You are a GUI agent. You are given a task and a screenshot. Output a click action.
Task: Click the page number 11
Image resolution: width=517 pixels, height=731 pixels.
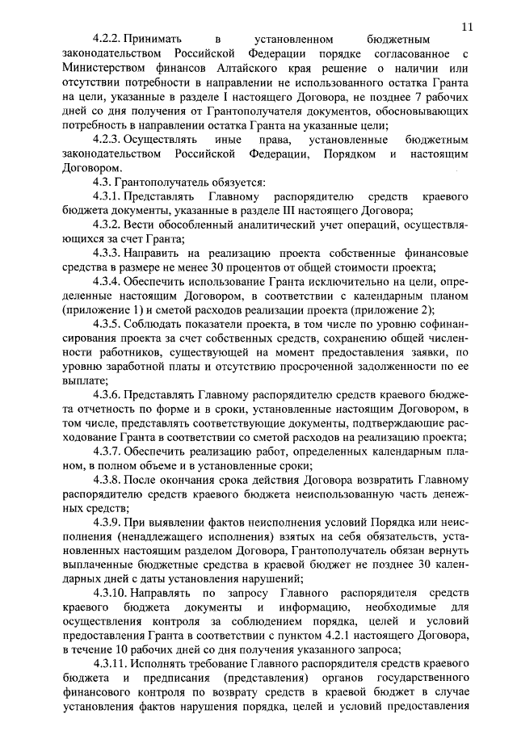click(x=468, y=26)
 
